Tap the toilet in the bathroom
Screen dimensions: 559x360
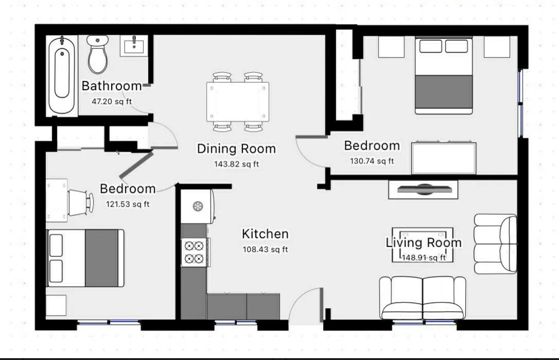[x=98, y=54]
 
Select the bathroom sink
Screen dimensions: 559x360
[x=134, y=46]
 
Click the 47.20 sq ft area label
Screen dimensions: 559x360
[x=112, y=101]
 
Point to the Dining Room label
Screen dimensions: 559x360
[x=236, y=148]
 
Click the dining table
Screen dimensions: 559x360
[x=238, y=102]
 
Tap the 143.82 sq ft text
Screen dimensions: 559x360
[x=236, y=164]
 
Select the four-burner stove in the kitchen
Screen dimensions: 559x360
[x=195, y=252]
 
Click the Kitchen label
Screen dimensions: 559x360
[x=265, y=234]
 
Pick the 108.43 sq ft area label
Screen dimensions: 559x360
[x=265, y=249]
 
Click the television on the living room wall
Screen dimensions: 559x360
[x=424, y=189]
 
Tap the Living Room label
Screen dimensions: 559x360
[x=424, y=242]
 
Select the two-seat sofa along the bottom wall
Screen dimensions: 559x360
[x=422, y=297]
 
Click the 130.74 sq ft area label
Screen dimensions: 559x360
[x=372, y=161]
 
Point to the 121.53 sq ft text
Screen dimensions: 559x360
[x=128, y=204]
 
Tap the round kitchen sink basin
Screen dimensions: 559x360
[x=198, y=206]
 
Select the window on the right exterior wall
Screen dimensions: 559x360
[x=520, y=103]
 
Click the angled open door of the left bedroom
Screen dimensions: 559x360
[x=136, y=165]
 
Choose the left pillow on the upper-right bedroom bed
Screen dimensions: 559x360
[x=431, y=46]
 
